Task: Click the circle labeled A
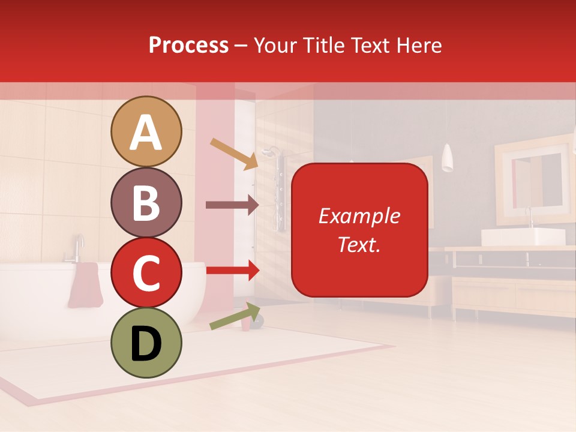pyautogui.click(x=146, y=131)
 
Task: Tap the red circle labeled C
pyautogui.click(x=146, y=272)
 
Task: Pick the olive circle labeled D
pyautogui.click(x=146, y=343)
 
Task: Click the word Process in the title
pyautogui.click(x=188, y=45)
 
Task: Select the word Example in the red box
pyautogui.click(x=359, y=216)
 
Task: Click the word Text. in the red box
pyautogui.click(x=359, y=244)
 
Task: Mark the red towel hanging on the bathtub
pyautogui.click(x=86, y=284)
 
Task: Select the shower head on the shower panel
pyautogui.click(x=272, y=151)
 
